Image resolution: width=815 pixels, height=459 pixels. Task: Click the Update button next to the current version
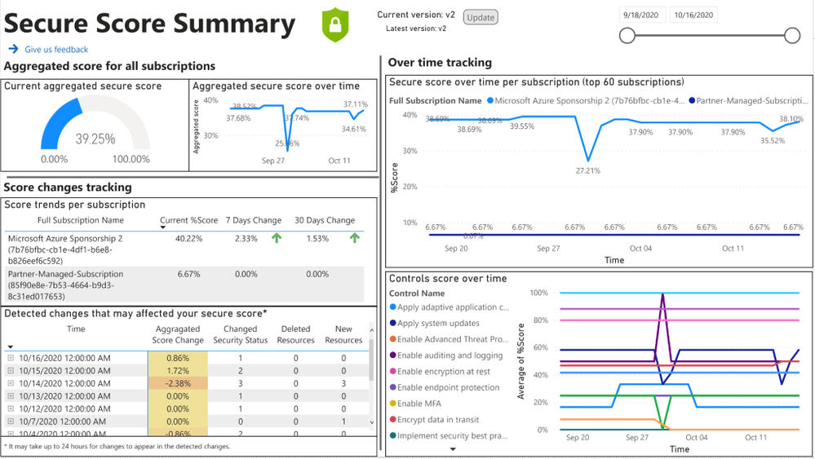coord(481,17)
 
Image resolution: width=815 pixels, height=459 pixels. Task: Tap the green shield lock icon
coord(334,24)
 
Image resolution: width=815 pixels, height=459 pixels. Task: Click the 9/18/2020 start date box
coord(643,15)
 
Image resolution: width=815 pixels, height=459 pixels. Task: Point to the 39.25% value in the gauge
coord(95,139)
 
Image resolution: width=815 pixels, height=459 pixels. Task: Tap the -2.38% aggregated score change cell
coord(178,384)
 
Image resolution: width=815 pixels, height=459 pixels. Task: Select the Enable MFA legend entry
coord(423,404)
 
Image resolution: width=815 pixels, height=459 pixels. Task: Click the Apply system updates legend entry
coord(439,324)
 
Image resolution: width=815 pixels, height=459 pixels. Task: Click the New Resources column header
coord(343,334)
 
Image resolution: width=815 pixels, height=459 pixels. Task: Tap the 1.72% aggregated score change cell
coord(178,371)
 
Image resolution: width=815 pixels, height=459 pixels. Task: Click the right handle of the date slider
coord(791,35)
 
